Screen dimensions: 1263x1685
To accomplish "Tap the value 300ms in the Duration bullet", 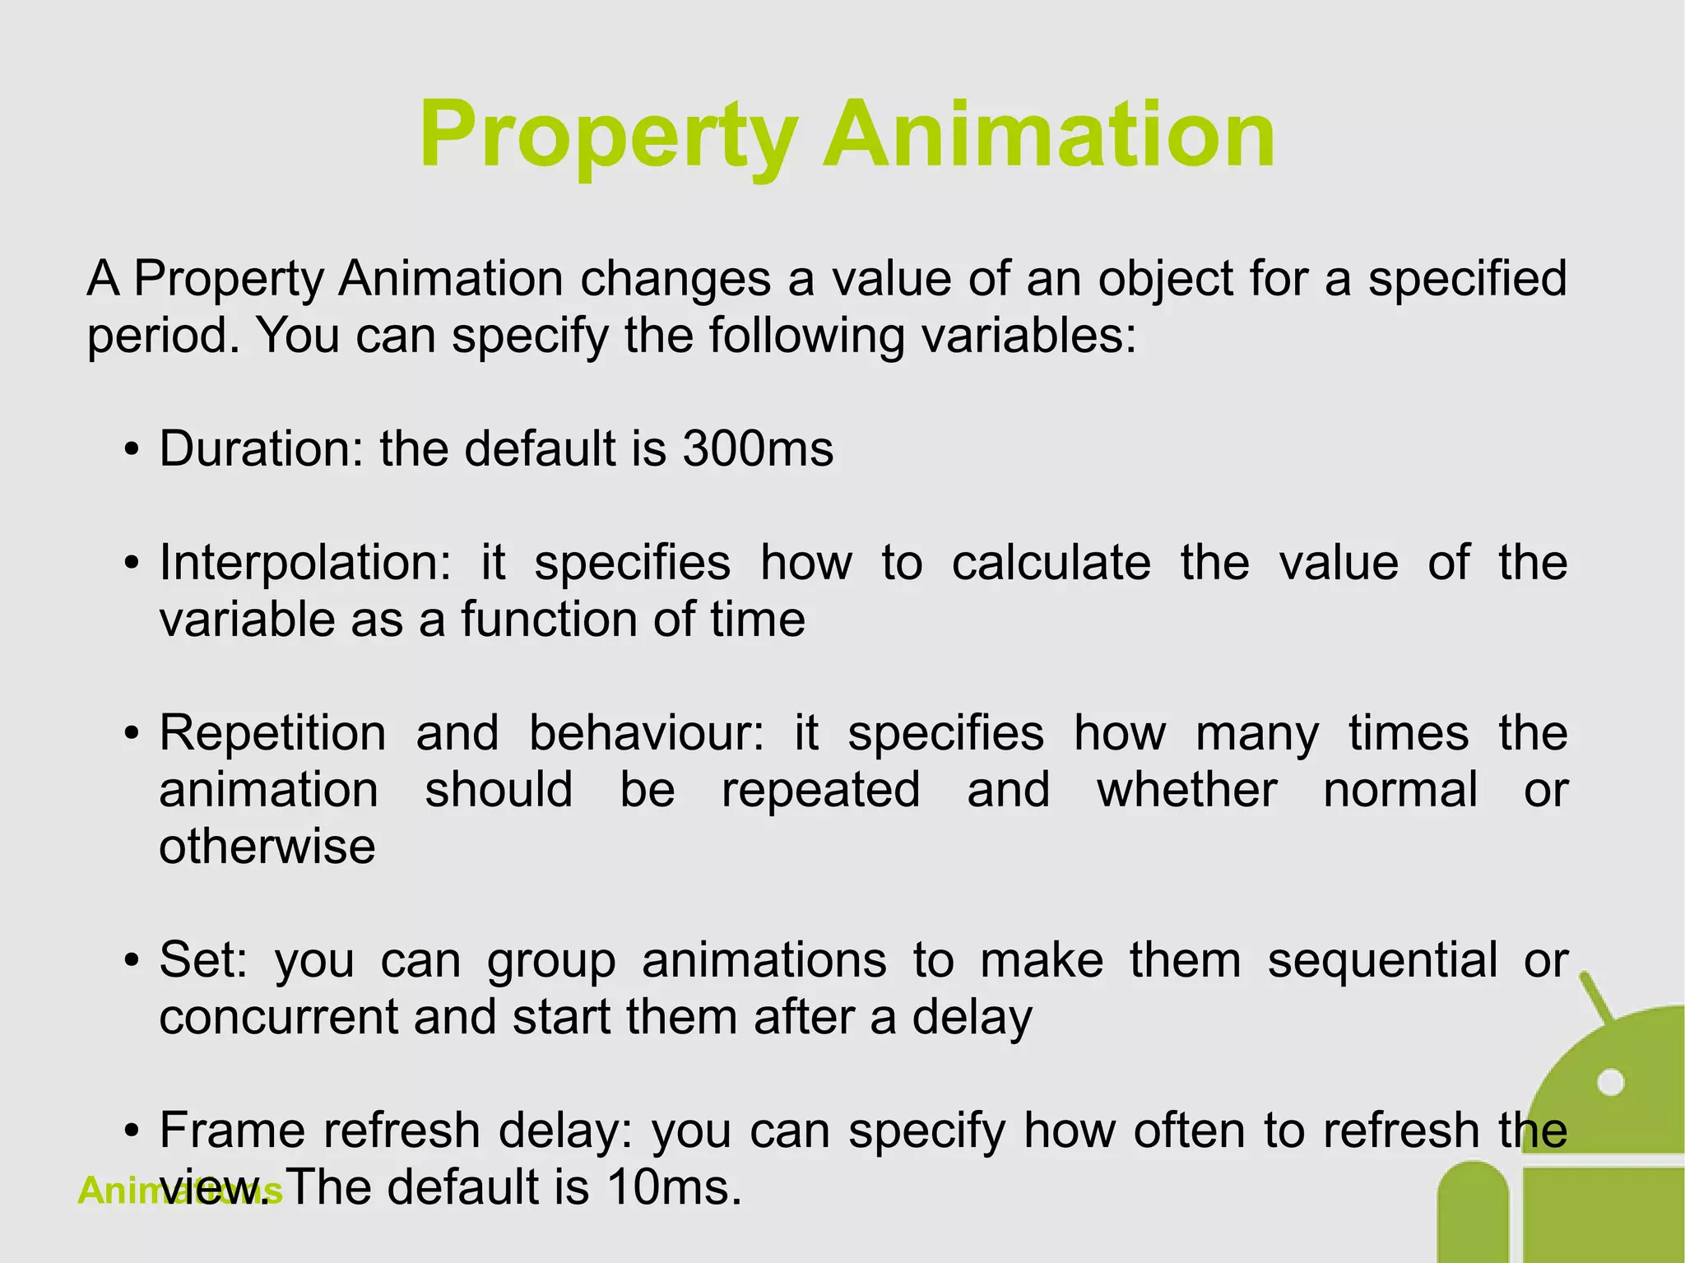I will coord(758,449).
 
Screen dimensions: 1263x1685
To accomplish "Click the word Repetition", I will coord(272,733).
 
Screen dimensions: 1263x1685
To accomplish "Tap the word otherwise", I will coord(267,847).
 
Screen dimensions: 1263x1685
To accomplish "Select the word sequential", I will coord(1382,960).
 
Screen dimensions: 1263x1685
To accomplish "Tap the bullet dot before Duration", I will coord(130,452).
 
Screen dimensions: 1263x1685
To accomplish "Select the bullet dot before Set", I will coord(130,962).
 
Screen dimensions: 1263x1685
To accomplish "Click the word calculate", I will coord(1051,564).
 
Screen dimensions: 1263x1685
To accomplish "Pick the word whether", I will coord(1187,790).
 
